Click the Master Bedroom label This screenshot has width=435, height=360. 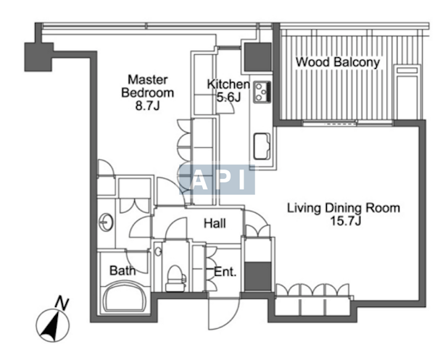coord(148,86)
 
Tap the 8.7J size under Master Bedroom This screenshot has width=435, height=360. coord(148,106)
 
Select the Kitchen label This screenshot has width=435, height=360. coord(228,84)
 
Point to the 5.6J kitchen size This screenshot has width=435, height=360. coord(228,97)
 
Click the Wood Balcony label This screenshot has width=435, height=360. coord(338,62)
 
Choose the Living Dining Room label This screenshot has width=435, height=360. coord(344,208)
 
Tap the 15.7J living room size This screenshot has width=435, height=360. coord(345,221)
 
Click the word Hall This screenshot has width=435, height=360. coord(215,223)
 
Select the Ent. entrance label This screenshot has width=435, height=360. coord(225,272)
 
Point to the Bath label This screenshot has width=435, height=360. coord(123,270)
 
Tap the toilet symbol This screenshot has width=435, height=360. coord(175,278)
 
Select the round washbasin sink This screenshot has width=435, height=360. coord(106,222)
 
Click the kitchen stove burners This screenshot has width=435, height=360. coord(262,92)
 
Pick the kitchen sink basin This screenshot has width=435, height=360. coord(262,146)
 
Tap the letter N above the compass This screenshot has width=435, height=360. coord(62,303)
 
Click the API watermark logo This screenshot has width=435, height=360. coord(217,179)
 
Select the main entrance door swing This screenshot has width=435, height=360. coord(224,314)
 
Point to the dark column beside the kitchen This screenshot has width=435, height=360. coord(257,56)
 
